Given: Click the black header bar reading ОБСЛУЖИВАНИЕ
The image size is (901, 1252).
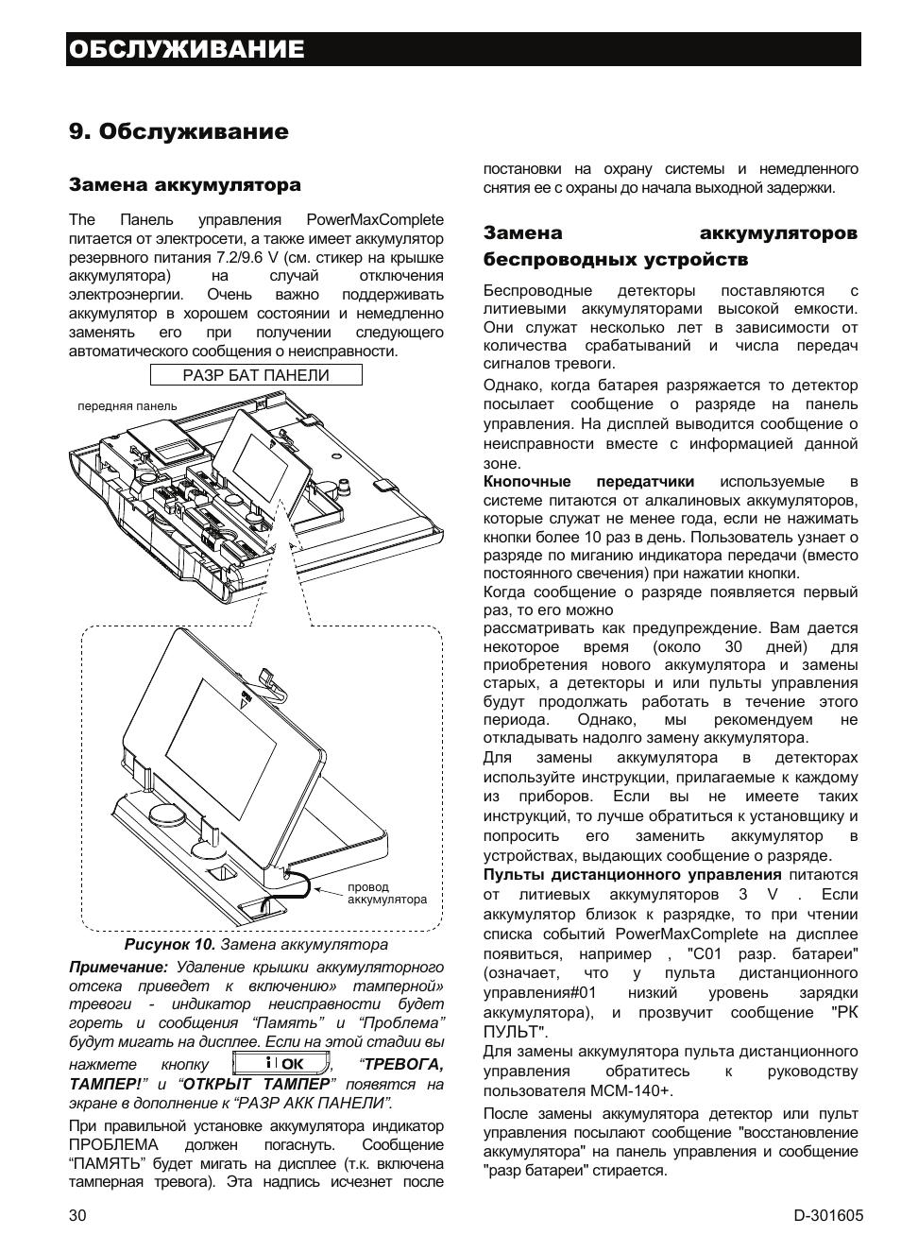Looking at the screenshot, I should (x=463, y=49).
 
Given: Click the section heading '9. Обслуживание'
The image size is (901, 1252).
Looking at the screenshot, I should (x=178, y=131).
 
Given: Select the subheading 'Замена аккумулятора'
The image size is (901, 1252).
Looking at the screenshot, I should (x=184, y=184).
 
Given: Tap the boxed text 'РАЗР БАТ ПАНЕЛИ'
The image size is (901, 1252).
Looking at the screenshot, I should (x=255, y=375).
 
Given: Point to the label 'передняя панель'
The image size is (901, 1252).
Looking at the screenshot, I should (x=127, y=406).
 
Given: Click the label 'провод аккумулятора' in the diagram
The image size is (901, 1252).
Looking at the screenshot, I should (x=386, y=893).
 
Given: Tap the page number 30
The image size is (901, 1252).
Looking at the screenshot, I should (x=77, y=1216).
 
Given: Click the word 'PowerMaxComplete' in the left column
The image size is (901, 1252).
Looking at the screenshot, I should (x=375, y=219).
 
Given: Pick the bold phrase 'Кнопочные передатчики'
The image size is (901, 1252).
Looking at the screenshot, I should (x=588, y=482).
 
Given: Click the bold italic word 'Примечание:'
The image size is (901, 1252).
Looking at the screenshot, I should (x=118, y=968).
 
